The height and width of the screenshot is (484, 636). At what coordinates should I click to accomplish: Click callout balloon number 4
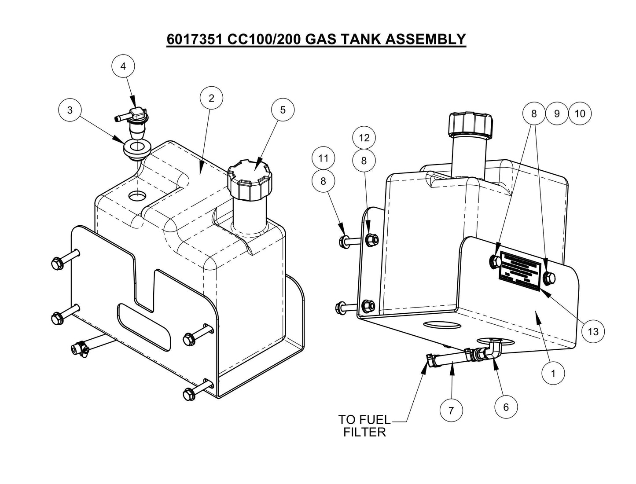point(123,66)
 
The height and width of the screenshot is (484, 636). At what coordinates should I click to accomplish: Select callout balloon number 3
point(70,110)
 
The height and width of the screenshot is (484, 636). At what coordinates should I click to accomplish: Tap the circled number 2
point(211,98)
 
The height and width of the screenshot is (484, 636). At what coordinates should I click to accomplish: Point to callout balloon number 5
point(283,110)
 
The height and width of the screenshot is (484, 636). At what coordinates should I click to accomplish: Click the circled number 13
point(593,331)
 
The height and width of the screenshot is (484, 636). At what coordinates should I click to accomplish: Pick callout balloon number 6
point(505,407)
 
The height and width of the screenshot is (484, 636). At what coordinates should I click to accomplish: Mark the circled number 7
point(451,411)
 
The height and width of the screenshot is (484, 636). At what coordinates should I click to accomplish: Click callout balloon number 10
point(580,114)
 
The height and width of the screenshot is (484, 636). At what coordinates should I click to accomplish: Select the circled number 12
point(364,138)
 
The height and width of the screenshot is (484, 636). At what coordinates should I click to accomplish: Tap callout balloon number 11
point(324,158)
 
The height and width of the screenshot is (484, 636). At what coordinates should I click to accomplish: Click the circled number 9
point(557,114)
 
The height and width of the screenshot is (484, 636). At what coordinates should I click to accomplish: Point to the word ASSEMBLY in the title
point(425,39)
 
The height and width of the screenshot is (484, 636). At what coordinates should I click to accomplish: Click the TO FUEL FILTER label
point(364,425)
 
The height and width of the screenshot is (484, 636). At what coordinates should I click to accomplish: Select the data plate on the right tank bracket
point(519,272)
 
